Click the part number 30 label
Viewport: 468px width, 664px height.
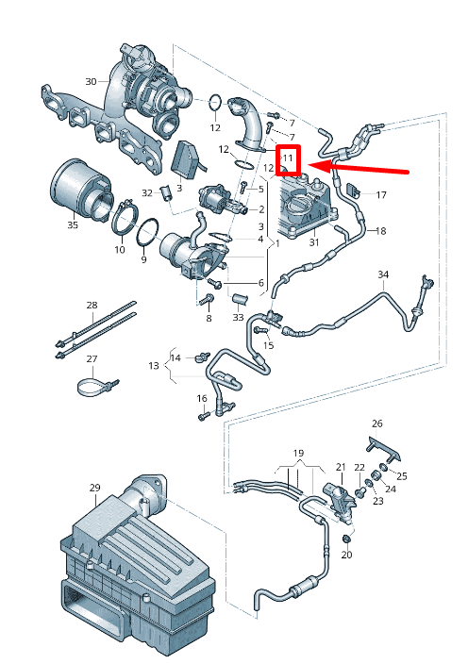(91, 80)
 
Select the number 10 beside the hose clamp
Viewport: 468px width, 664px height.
(120, 250)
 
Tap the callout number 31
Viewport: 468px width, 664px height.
(314, 243)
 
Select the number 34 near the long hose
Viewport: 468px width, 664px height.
(383, 274)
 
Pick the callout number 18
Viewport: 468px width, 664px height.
(382, 231)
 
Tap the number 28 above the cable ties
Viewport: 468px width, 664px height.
(92, 305)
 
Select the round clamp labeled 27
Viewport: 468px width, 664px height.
(94, 386)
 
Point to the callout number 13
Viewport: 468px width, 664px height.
(153, 365)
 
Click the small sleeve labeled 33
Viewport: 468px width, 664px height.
(239, 301)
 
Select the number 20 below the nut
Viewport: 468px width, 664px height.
(345, 555)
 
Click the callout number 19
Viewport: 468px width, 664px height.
(298, 453)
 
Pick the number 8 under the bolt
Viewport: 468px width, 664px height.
(209, 319)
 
